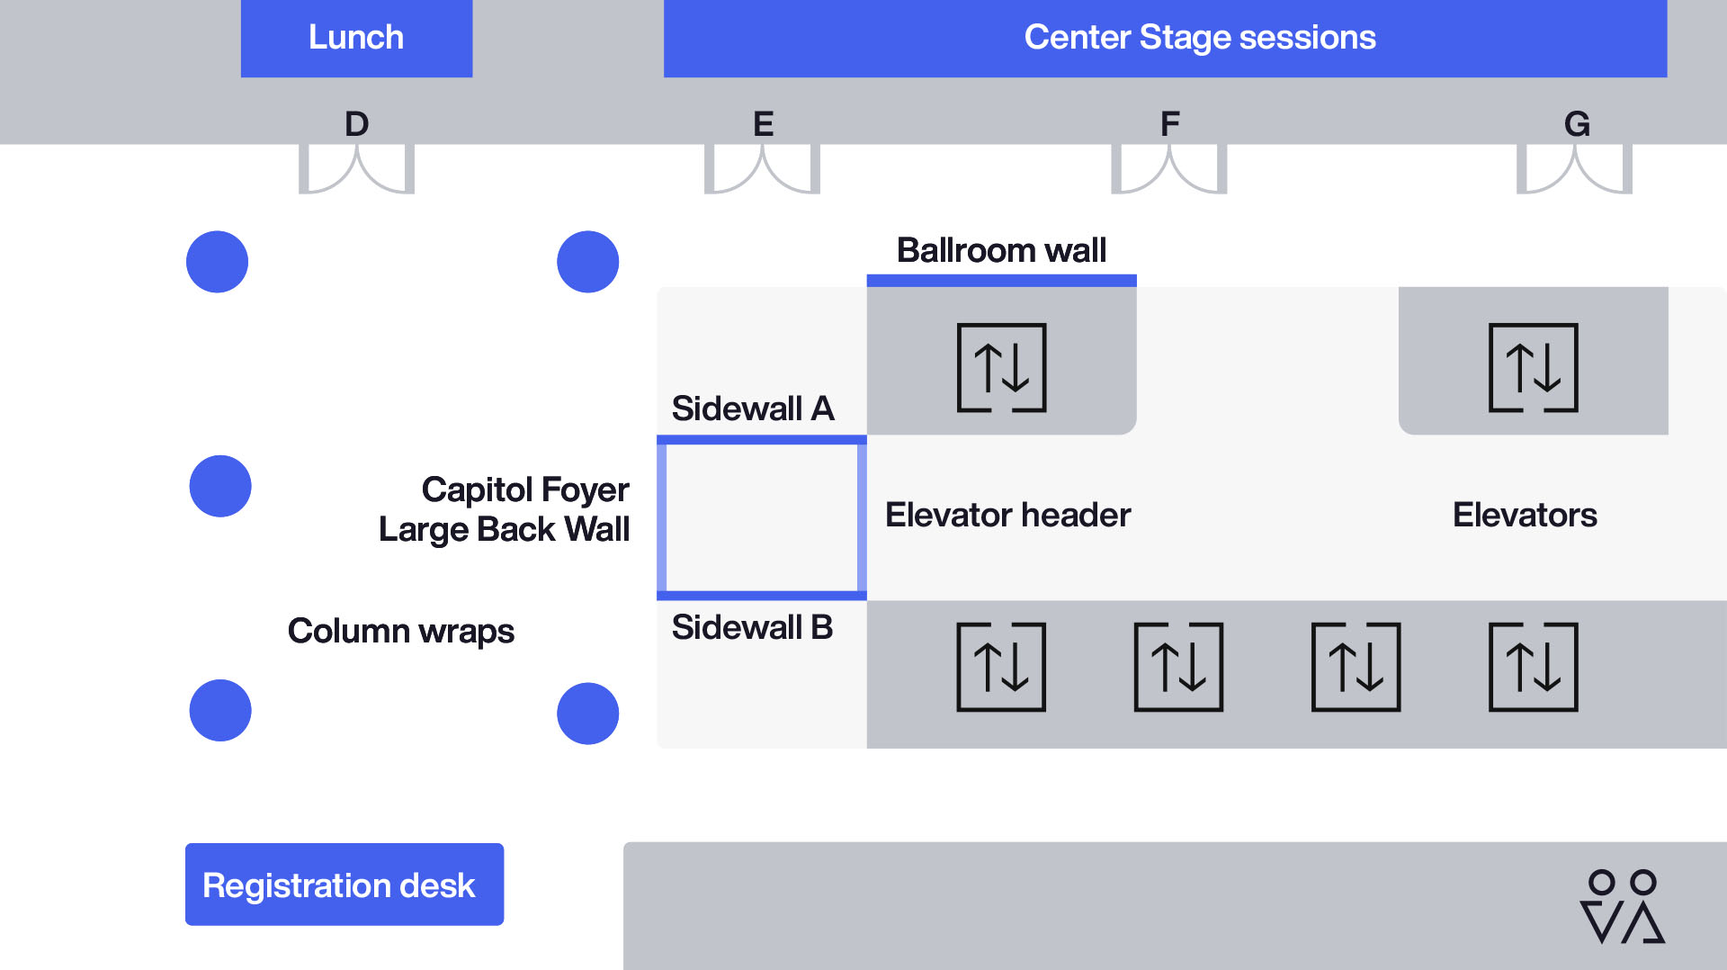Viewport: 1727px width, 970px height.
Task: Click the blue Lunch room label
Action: click(356, 38)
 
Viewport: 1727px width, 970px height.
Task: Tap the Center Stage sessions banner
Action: click(1165, 38)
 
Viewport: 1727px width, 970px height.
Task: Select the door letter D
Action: click(357, 124)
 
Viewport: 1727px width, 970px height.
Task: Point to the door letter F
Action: click(1169, 124)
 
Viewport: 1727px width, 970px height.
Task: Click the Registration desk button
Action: click(345, 885)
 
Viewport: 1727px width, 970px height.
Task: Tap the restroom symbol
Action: click(1623, 906)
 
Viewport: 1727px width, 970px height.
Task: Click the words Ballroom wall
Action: click(1001, 250)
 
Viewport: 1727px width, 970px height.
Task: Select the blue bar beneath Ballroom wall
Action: click(1001, 281)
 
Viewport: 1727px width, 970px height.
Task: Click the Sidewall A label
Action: click(753, 409)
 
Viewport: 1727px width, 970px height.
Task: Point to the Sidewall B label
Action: click(752, 627)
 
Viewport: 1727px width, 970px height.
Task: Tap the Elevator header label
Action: click(1007, 515)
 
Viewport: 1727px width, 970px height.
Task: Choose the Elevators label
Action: click(1525, 515)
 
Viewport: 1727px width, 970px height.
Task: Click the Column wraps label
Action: click(400, 631)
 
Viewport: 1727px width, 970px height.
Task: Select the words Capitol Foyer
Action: click(525, 490)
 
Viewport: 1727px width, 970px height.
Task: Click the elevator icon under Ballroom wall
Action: click(1001, 367)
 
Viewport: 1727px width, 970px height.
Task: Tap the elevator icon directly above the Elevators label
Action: click(1534, 367)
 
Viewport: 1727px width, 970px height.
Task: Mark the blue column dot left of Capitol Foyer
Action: click(220, 486)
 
